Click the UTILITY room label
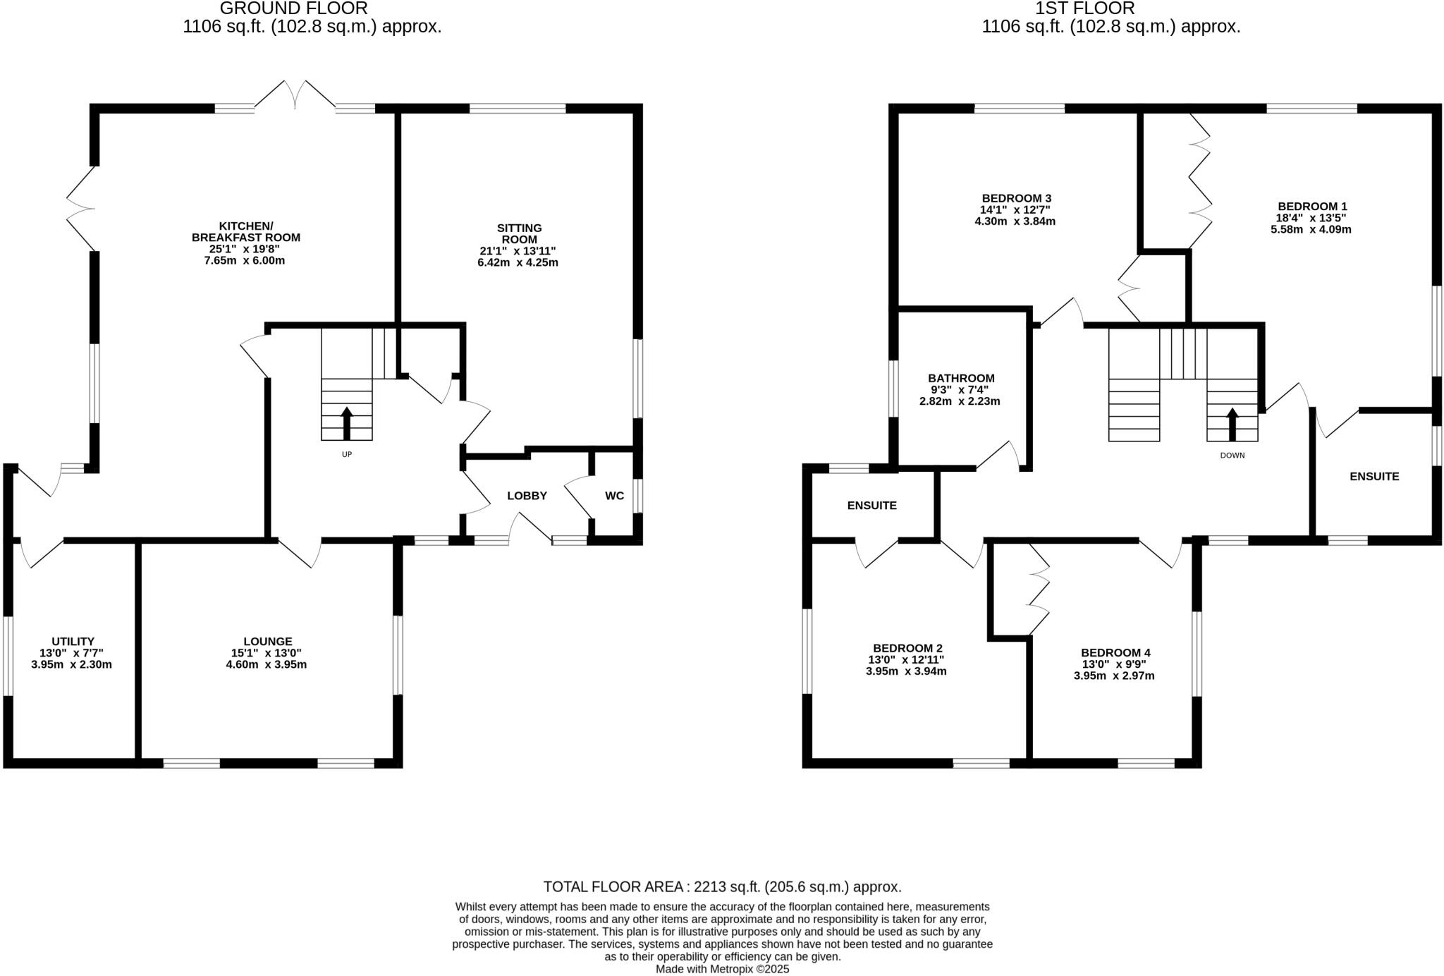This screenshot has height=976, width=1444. [x=73, y=641]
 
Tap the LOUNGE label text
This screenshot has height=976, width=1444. [x=267, y=641]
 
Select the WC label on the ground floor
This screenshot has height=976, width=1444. [x=614, y=496]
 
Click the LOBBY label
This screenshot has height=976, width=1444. [x=527, y=496]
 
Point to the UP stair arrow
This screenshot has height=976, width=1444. [x=346, y=423]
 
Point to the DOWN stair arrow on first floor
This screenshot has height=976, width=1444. [x=1232, y=423]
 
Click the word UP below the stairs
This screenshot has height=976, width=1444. [x=346, y=455]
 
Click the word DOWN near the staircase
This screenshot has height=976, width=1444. [x=1232, y=456]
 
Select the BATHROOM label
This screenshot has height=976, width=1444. [x=961, y=378]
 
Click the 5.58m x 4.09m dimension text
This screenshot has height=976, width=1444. [x=1310, y=229]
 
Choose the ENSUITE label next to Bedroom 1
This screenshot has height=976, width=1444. [x=1374, y=476]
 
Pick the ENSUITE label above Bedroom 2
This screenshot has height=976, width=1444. [x=871, y=505]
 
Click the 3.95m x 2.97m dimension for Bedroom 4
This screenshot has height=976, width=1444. [x=1115, y=676]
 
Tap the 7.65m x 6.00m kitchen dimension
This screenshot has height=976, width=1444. [x=245, y=260]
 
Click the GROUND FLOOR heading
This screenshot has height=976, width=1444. [x=293, y=8]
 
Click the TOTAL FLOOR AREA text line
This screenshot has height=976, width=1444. [x=722, y=886]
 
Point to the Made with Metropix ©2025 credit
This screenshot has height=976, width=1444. [x=722, y=969]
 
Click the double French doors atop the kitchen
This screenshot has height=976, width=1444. [x=295, y=94]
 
